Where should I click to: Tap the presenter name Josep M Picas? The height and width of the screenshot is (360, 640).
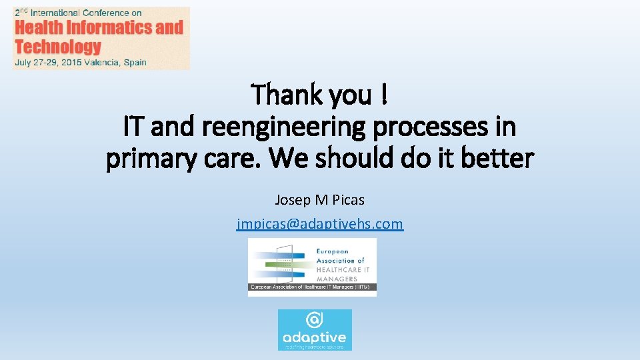[320, 199]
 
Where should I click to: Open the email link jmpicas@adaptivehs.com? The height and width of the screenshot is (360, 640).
[320, 223]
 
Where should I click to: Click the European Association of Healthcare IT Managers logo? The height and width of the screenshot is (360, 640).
[312, 267]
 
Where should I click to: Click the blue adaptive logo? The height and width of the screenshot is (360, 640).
[315, 329]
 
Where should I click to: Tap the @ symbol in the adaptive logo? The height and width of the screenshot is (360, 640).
[315, 320]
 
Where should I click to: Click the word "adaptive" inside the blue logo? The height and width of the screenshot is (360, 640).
[315, 337]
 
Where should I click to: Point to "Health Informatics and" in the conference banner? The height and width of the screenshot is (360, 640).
[99, 27]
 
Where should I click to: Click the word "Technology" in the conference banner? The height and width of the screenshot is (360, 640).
[57, 46]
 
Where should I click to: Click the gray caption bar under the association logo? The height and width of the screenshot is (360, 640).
[312, 288]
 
